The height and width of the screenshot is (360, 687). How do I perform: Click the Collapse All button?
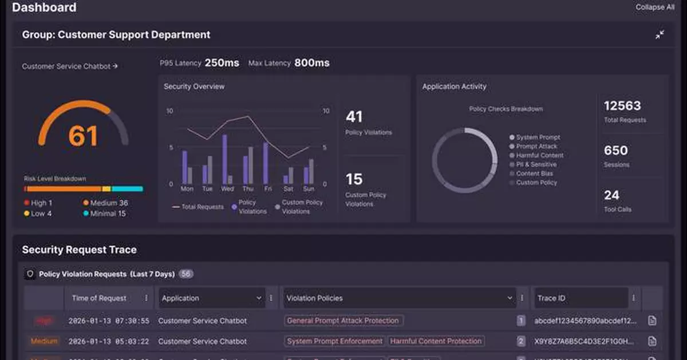(654, 7)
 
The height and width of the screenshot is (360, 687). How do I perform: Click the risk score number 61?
(84, 136)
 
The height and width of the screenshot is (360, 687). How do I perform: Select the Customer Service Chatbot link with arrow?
(70, 66)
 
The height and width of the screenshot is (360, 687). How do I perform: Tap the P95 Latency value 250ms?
(222, 63)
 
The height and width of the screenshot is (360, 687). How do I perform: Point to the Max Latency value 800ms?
(311, 63)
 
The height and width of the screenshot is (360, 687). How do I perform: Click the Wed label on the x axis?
(227, 188)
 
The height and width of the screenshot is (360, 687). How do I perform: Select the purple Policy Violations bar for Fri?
(266, 163)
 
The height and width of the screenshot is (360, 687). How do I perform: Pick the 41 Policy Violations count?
(354, 117)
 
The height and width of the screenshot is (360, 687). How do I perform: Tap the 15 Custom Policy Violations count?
(354, 179)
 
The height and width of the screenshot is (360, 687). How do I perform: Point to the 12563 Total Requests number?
(622, 106)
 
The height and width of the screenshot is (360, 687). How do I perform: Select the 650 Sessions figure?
(616, 151)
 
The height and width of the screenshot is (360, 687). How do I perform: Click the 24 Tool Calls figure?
(611, 195)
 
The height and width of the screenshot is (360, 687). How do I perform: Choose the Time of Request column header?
(99, 298)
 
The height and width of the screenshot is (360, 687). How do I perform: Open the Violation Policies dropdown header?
(399, 298)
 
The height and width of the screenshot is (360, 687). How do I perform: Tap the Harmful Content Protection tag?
(436, 341)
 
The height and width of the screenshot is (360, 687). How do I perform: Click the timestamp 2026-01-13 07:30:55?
(109, 321)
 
